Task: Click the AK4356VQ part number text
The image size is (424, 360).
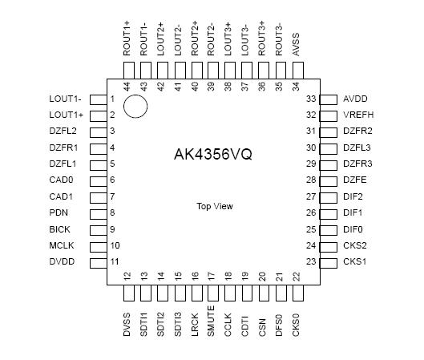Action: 212,155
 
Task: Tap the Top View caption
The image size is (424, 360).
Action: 215,206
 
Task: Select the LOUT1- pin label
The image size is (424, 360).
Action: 66,99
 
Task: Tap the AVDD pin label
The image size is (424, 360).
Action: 355,99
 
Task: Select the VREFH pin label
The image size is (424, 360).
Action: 358,115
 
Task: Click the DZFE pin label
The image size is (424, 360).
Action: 355,180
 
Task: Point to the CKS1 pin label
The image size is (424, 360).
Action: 355,261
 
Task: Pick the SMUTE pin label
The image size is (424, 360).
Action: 211,321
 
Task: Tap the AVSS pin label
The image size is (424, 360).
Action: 296,49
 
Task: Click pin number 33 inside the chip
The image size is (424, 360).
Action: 311,99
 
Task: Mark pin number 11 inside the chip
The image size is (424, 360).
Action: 115,261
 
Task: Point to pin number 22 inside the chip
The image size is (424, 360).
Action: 296,277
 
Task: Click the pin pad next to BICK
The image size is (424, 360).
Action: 98,229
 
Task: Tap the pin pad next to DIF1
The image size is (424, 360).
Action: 328,212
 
